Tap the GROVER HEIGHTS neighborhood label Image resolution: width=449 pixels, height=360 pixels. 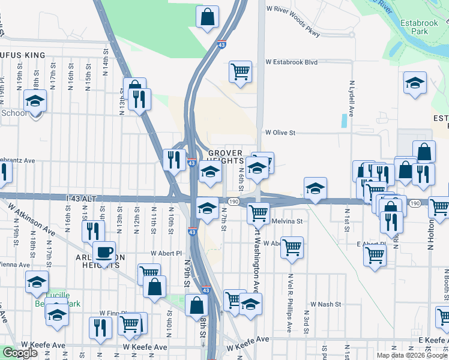click(225, 157)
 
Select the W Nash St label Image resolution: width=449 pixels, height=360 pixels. click(324, 304)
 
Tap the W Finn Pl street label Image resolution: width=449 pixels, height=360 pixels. click(111, 313)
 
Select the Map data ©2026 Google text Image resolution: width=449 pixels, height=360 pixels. click(411, 355)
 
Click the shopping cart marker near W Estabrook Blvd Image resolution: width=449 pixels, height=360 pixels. click(240, 71)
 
